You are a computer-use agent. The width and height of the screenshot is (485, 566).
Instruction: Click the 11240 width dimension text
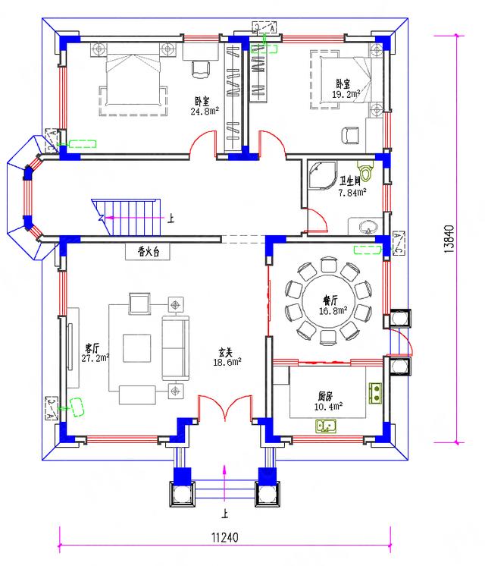click(x=225, y=538)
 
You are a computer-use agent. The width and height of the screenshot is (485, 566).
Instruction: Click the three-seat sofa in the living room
click(x=174, y=347)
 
